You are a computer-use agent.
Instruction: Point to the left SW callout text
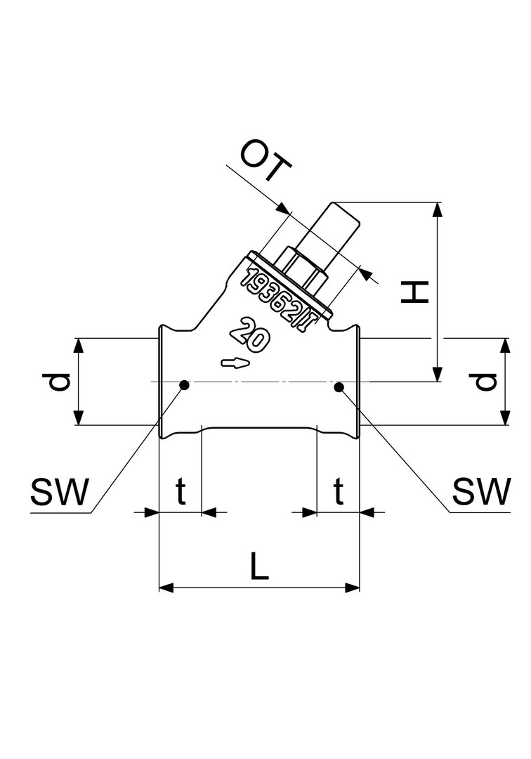pyautogui.click(x=60, y=493)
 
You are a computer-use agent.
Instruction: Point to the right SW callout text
pyautogui.click(x=480, y=493)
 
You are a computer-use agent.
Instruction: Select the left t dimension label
pyautogui.click(x=181, y=493)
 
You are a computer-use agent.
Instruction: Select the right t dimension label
pyautogui.click(x=339, y=493)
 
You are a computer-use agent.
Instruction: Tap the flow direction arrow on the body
pyautogui.click(x=235, y=363)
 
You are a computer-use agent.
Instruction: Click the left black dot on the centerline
pyautogui.click(x=184, y=384)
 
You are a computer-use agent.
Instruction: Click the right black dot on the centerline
pyautogui.click(x=339, y=386)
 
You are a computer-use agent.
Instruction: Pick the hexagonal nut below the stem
pyautogui.click(x=303, y=270)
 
